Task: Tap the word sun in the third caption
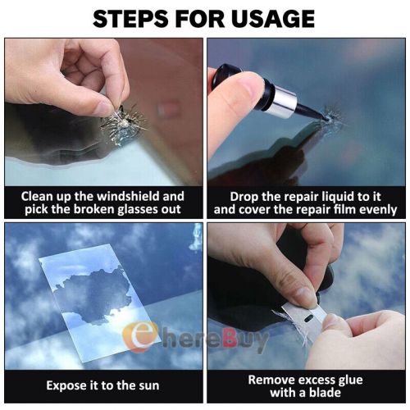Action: [146, 385]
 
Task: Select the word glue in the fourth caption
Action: [350, 379]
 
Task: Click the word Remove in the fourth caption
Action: [273, 379]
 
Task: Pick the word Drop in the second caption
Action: [233, 197]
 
